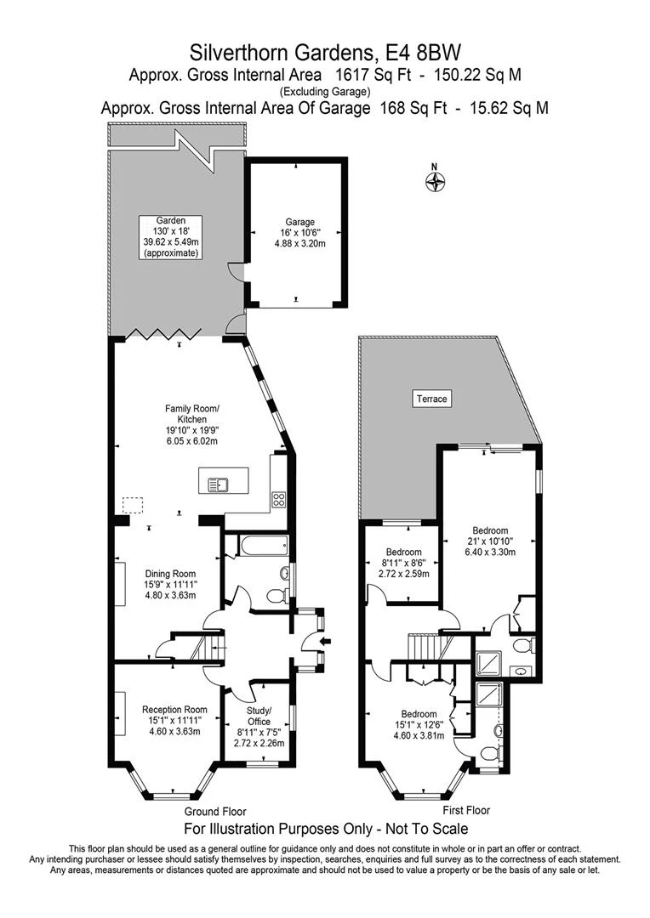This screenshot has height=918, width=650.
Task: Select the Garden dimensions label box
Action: click(x=170, y=236)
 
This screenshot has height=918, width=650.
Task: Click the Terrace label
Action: click(x=431, y=398)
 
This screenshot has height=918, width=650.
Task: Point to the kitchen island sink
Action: click(x=218, y=484)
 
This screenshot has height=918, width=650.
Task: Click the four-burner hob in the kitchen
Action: click(x=278, y=500)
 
